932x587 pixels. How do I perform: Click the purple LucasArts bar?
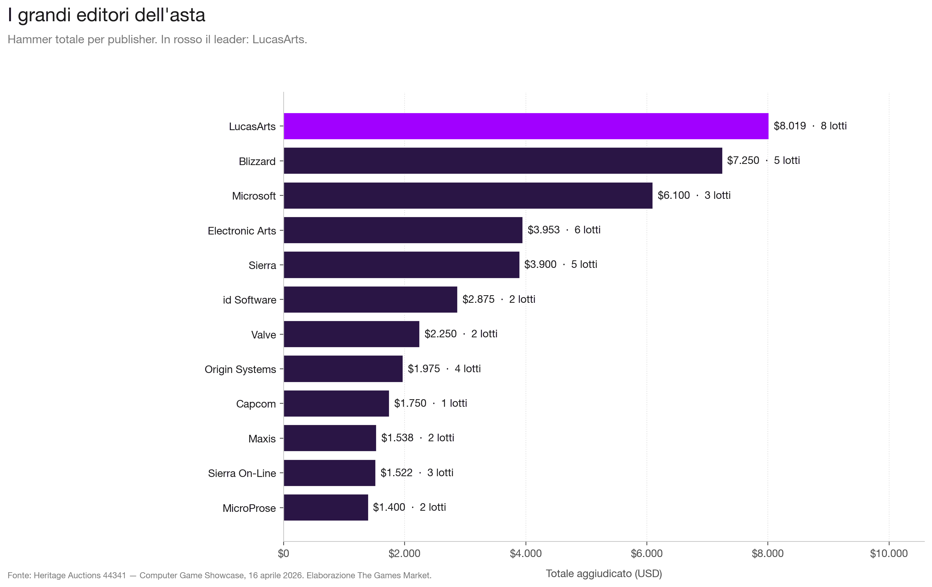pyautogui.click(x=526, y=126)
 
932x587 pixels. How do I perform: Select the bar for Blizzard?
pyautogui.click(x=502, y=161)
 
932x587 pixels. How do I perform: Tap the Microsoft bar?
pyautogui.click(x=468, y=195)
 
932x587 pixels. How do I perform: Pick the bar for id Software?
pyautogui.click(x=370, y=299)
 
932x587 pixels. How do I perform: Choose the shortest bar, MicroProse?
pyautogui.click(x=325, y=507)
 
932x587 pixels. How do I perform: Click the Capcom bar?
pyautogui.click(x=336, y=403)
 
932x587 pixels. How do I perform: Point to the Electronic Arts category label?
pyautogui.click(x=242, y=231)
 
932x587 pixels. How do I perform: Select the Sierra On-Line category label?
pyautogui.click(x=242, y=473)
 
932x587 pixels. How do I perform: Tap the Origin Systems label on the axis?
pyautogui.click(x=240, y=370)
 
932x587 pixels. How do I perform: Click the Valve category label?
pyautogui.click(x=263, y=335)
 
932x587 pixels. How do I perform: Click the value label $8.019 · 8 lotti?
pyautogui.click(x=810, y=126)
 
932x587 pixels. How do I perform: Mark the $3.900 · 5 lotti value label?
pyautogui.click(x=560, y=264)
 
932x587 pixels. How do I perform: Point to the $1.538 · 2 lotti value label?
pyautogui.click(x=417, y=438)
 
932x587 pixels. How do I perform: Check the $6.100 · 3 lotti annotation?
pyautogui.click(x=694, y=195)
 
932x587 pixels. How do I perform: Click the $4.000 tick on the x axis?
pyautogui.click(x=526, y=554)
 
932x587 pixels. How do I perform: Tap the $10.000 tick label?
pyautogui.click(x=888, y=554)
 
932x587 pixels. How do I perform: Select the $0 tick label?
pyautogui.click(x=283, y=554)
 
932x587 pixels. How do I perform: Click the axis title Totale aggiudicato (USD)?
pyautogui.click(x=603, y=573)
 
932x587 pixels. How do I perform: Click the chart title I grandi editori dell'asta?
pyautogui.click(x=107, y=16)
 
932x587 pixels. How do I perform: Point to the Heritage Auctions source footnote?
pyautogui.click(x=219, y=575)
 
